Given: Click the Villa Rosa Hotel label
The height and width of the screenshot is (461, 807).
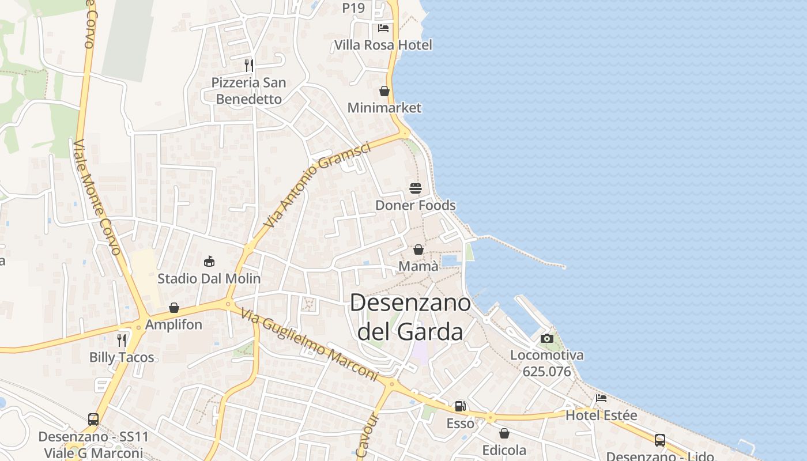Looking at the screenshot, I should coord(383,45).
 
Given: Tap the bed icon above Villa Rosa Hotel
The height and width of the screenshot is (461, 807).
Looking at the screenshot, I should coord(383,28).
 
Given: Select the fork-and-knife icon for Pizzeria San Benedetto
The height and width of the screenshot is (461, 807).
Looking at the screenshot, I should coord(248,65).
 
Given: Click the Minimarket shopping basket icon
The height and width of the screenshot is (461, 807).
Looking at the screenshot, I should coord(384,91).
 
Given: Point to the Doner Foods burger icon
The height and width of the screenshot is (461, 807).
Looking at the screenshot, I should coord(416,188).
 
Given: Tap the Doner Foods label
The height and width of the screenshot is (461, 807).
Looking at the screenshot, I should coord(415,205).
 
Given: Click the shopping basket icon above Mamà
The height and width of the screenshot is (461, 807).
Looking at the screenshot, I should coord(418,250).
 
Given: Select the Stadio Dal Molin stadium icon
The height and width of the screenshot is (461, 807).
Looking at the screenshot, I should coord(209,262).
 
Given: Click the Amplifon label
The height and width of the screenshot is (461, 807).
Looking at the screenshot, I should coord(174,324).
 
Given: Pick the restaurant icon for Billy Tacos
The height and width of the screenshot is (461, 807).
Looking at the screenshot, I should coord(122,340).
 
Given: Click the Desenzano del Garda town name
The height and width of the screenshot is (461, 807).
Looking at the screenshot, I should coord(410,318).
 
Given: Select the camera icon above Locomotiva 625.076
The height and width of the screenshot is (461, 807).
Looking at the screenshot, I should coord(547,338).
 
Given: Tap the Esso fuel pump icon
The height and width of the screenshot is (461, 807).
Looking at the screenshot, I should coord(460,407).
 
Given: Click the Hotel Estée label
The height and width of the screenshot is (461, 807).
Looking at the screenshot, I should coord(601,415).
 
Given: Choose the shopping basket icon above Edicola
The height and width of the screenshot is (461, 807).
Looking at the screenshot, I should coord(504,433).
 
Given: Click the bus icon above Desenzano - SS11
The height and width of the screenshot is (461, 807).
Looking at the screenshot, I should coord(93,420).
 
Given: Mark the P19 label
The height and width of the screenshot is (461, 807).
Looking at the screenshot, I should coord(353,8).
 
